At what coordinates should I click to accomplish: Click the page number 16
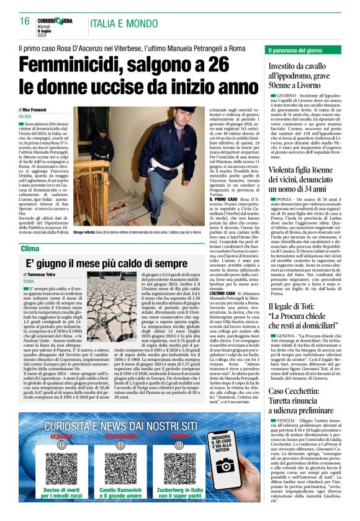click(25, 21)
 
